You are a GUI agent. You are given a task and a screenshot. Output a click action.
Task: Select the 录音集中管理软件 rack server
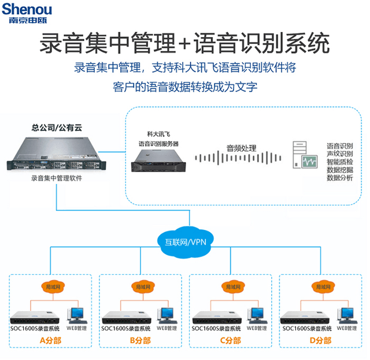[55, 155]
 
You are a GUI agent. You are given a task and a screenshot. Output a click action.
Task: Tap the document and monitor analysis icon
[304, 156]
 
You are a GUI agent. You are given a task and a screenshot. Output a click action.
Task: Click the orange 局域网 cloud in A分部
[51, 286]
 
